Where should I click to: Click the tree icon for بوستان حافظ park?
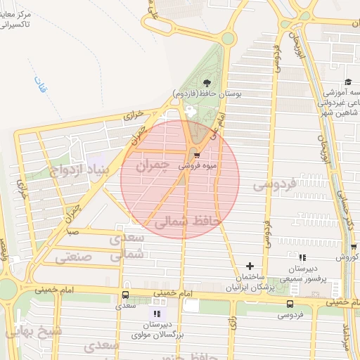pyautogui.click(x=206, y=83)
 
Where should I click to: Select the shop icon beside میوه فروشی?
pyautogui.click(x=196, y=155)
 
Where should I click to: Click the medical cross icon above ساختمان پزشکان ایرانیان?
pyautogui.click(x=250, y=265)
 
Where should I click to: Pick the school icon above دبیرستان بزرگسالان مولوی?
pyautogui.click(x=156, y=314)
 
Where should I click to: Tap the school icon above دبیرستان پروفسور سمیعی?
pyautogui.click(x=302, y=258)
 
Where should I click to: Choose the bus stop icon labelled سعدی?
pyautogui.click(x=125, y=295)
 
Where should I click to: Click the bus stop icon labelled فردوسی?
pyautogui.click(x=290, y=304)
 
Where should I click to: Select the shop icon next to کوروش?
pyautogui.click(x=354, y=247)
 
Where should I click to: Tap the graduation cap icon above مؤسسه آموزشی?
pyautogui.click(x=348, y=82)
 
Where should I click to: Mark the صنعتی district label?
pyautogui.click(x=75, y=257)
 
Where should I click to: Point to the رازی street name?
pyautogui.click(x=233, y=323)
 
